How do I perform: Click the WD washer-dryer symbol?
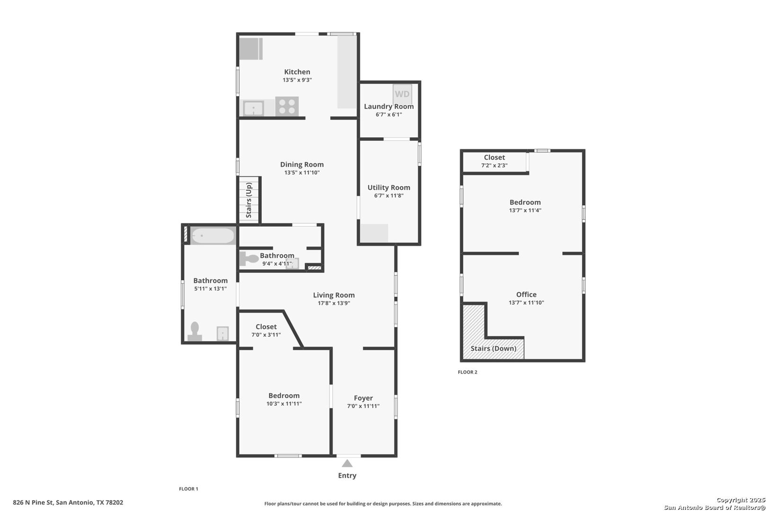coord(402,94)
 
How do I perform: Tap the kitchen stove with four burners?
coord(287,106)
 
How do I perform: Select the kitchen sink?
coord(253,108)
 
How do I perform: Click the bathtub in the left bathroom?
coord(213,236)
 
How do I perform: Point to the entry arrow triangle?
coord(347,463)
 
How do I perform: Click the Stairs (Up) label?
coord(249,200)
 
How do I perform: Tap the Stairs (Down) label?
coord(494,349)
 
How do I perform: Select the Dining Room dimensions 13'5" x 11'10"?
coord(302,173)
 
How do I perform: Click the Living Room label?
coord(334,295)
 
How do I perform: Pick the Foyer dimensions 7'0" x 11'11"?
coord(363,406)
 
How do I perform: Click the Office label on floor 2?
coord(526,294)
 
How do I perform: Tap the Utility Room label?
coord(389,188)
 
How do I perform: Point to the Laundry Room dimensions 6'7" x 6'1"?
coord(389,115)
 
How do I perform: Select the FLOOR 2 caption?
coord(468,372)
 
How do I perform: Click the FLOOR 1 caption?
coord(188,489)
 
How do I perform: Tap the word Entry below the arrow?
coord(347,475)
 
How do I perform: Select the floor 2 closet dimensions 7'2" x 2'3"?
coord(494,166)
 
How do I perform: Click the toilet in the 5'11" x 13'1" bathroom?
coord(195,331)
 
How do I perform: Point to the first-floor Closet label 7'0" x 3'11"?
coord(266,327)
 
